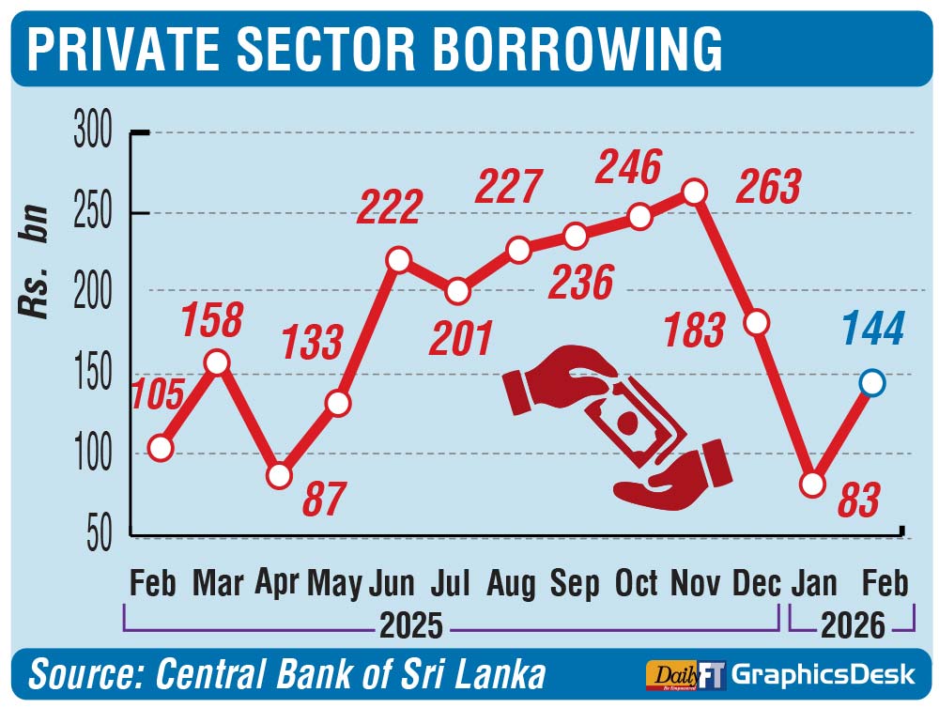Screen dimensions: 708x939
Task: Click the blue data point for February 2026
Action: pyautogui.click(x=872, y=383)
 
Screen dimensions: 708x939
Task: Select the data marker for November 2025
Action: pyautogui.click(x=694, y=192)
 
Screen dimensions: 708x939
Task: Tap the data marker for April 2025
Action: pyautogui.click(x=279, y=476)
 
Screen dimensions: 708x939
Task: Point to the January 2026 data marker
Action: pyautogui.click(x=812, y=485)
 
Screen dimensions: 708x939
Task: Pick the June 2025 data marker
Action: pyautogui.click(x=398, y=260)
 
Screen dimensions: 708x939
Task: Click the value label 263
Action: pyautogui.click(x=769, y=187)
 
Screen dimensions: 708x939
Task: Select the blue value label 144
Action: pyautogui.click(x=873, y=330)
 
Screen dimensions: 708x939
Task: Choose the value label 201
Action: pyautogui.click(x=460, y=338)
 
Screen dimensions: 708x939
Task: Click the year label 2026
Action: pyautogui.click(x=853, y=624)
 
